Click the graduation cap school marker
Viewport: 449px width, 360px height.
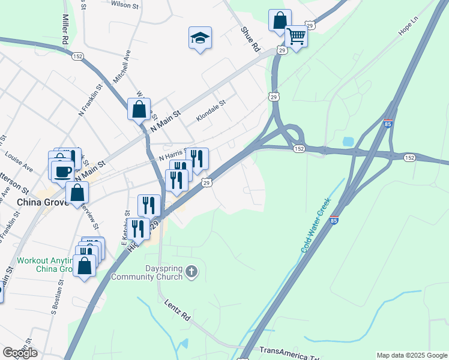(x=200, y=38)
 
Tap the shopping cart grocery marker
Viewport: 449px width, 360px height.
(x=297, y=37)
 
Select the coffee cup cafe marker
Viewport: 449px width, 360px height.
(x=62, y=172)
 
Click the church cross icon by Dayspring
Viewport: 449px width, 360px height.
(x=191, y=272)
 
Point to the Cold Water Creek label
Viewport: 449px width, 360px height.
(x=316, y=226)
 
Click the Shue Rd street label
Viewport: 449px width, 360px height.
(x=250, y=38)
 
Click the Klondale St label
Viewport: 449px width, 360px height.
(x=210, y=111)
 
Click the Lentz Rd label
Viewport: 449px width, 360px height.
(x=177, y=311)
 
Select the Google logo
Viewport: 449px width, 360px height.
(x=20, y=353)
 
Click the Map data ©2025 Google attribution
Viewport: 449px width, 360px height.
(x=412, y=355)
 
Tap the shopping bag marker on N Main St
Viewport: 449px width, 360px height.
(x=139, y=110)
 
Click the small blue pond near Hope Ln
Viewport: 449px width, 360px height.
(x=348, y=142)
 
